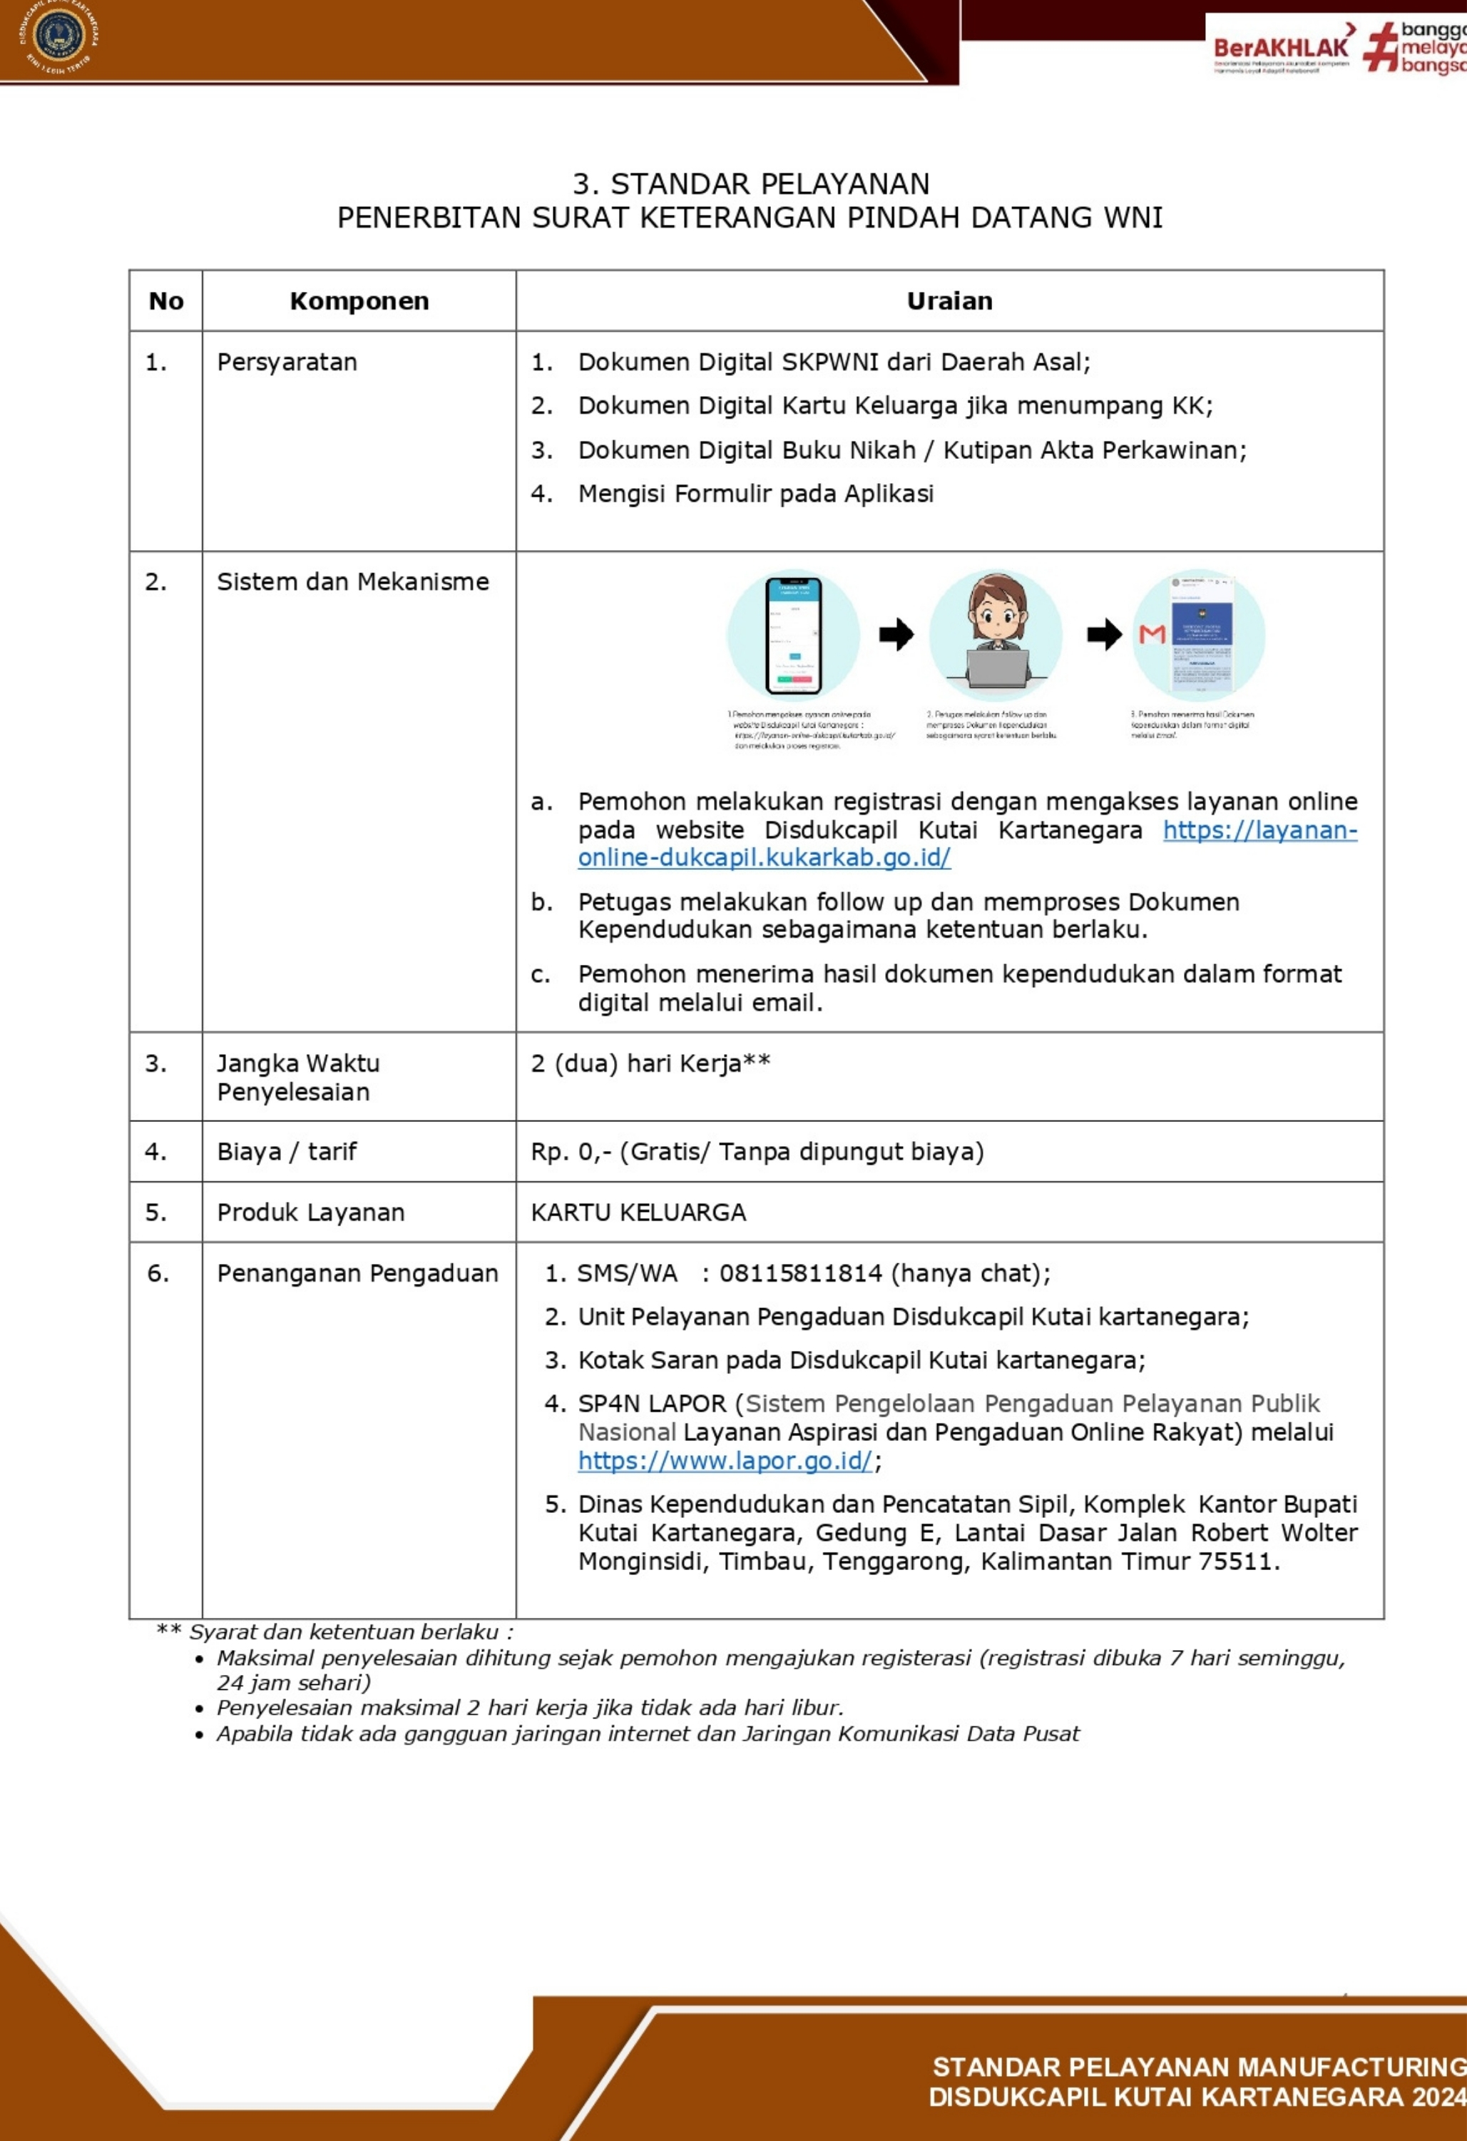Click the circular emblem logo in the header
tap(59, 38)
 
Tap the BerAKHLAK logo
tap(1282, 48)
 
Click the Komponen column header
tap(359, 301)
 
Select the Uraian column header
tap(949, 301)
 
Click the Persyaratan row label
tap(287, 362)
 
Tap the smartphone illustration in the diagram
tap(794, 634)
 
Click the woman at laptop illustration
tap(996, 634)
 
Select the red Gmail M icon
tap(1152, 634)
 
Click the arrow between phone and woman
tap(895, 634)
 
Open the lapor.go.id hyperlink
tap(725, 1461)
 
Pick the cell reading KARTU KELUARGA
tap(638, 1213)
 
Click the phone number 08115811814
tap(800, 1273)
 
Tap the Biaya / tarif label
tap(287, 1152)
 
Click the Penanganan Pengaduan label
tap(357, 1273)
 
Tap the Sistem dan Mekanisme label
tap(353, 582)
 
